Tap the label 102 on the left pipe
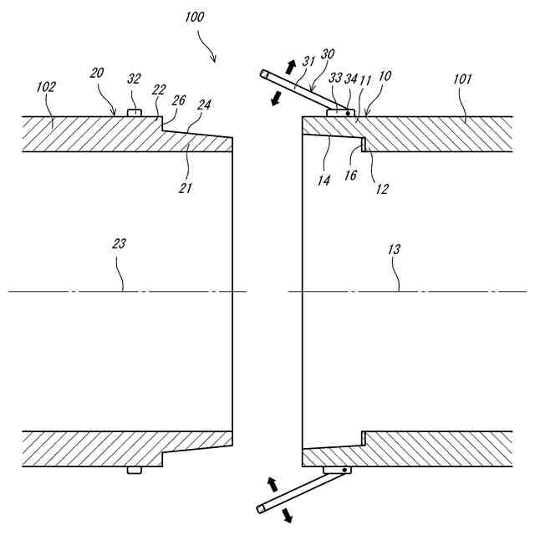(x=47, y=86)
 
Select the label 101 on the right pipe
(x=462, y=79)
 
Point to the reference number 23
(x=120, y=243)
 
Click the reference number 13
(x=395, y=249)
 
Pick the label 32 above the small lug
(x=133, y=79)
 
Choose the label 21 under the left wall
(x=186, y=188)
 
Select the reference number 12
(x=381, y=188)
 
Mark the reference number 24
(x=203, y=104)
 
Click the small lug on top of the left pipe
(x=134, y=112)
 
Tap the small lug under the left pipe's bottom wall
(x=134, y=471)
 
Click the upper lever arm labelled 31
(x=293, y=89)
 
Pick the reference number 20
(x=98, y=74)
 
